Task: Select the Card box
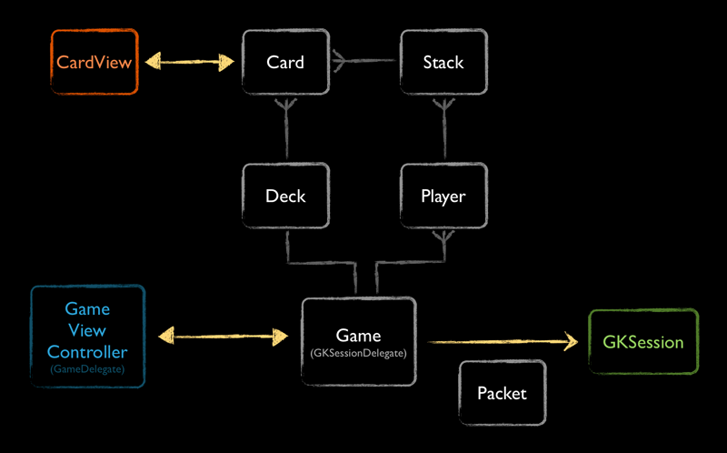[284, 63]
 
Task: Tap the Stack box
[443, 63]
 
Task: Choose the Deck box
[284, 196]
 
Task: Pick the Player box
[443, 196]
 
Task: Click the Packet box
[502, 393]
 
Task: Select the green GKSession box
[643, 343]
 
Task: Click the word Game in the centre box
[358, 336]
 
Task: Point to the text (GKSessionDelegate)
[358, 351]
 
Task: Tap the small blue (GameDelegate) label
[87, 370]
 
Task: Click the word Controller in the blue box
[87, 352]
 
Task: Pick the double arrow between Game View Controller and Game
[222, 337]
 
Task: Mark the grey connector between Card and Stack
[363, 62]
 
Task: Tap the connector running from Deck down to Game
[318, 264]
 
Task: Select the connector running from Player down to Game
[409, 264]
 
